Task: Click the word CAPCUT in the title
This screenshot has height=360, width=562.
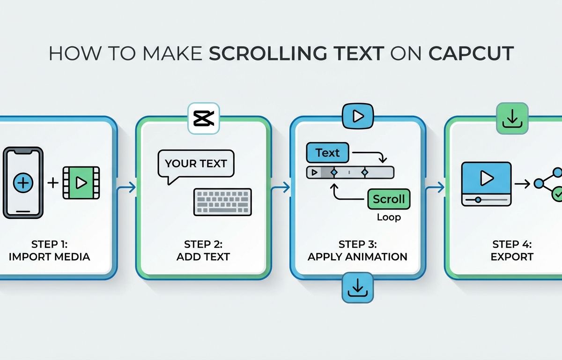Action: coord(471,53)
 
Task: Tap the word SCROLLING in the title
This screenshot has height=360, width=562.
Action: coord(268,53)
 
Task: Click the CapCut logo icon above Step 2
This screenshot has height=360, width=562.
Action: coord(203,118)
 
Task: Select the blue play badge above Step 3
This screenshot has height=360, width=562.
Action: coord(358,116)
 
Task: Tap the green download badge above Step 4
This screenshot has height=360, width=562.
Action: coord(512,118)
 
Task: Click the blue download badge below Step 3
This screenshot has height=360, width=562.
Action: coord(357,287)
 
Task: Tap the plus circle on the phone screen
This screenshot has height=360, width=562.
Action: coord(23,183)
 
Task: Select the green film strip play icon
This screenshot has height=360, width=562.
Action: coord(81,183)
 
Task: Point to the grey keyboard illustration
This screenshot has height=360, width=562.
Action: coord(222,202)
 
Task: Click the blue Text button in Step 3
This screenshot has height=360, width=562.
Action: coord(328,153)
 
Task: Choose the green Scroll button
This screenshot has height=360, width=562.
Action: coord(389,199)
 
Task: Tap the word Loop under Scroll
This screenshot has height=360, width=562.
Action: coord(389,217)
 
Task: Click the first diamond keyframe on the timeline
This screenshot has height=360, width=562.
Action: coord(334,172)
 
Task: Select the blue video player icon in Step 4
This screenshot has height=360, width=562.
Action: coord(487,184)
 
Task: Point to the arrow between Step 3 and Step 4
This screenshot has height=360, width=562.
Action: coord(435,187)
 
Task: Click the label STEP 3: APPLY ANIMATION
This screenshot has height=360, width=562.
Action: coord(357,250)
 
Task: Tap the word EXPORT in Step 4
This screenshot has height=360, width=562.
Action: coord(512,257)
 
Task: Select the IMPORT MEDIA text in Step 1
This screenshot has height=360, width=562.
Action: coord(50,257)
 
